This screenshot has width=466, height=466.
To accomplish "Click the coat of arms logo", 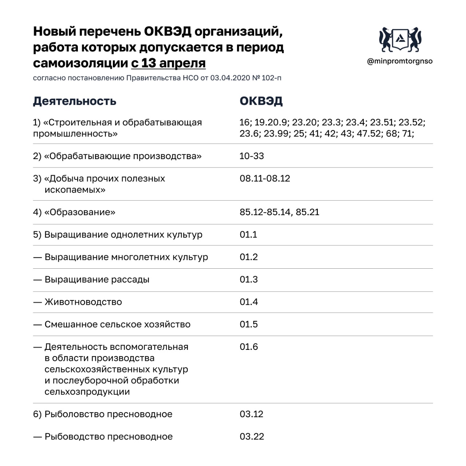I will (x=400, y=39).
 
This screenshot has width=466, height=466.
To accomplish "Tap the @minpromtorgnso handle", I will (x=400, y=61).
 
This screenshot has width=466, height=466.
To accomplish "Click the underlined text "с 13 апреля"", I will (x=168, y=63).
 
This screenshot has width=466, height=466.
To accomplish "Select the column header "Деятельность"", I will (x=75, y=101).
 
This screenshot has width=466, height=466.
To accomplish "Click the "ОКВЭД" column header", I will (x=261, y=101).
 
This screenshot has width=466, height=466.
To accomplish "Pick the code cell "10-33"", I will (x=252, y=156).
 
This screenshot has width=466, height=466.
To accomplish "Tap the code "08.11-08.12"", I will (x=265, y=179).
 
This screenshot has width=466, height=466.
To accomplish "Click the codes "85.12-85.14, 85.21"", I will (x=279, y=212).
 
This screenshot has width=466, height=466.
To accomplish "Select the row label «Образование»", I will (x=79, y=212).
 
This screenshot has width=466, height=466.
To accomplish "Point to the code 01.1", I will (x=248, y=235).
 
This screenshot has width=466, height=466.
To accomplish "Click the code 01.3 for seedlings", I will (x=249, y=280).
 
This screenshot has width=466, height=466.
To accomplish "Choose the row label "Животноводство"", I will (x=83, y=302).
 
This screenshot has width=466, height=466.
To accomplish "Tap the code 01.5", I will (x=249, y=324).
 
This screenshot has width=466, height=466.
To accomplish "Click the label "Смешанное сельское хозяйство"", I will (x=117, y=324).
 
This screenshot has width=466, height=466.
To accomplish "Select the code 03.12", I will (x=251, y=414).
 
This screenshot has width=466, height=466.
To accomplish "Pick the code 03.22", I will (x=252, y=437).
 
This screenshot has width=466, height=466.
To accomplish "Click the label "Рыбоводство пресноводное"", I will (x=108, y=437).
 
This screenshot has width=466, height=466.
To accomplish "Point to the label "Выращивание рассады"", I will (x=97, y=280).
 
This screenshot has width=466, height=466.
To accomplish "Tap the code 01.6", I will (x=249, y=347).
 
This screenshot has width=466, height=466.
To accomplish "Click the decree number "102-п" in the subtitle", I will (x=271, y=78).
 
